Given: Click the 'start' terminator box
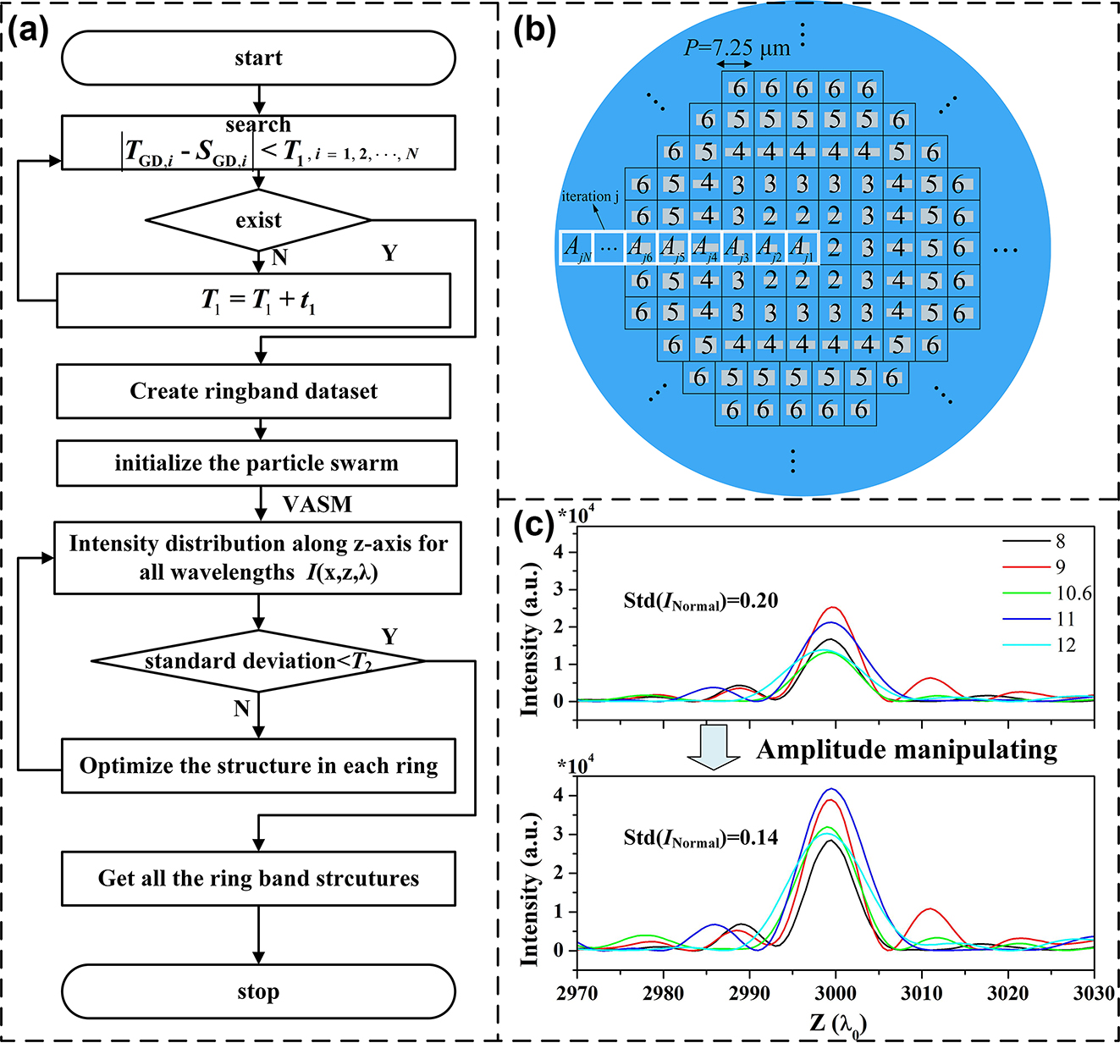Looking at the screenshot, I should (258, 58).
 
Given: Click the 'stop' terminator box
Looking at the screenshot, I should (258, 991).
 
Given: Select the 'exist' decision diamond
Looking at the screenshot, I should (258, 221).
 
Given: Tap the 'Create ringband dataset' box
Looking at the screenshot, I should (253, 391).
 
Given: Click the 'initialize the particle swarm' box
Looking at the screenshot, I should (257, 463).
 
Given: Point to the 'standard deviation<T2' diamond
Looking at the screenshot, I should (258, 661).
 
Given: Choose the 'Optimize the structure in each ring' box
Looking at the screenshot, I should (258, 766).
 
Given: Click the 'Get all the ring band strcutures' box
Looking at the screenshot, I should (258, 878).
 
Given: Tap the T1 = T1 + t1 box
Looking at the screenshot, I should (253, 300).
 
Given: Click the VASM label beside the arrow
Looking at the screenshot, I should (317, 505).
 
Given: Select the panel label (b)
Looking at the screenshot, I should (535, 30).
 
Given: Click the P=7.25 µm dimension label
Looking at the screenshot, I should (737, 48).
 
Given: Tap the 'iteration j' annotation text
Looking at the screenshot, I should (590, 196).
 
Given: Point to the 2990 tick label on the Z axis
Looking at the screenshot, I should (749, 992).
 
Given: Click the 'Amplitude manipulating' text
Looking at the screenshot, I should (906, 750).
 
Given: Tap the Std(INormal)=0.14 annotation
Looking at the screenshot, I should (700, 838).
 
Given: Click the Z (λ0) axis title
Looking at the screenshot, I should (837, 1024).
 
